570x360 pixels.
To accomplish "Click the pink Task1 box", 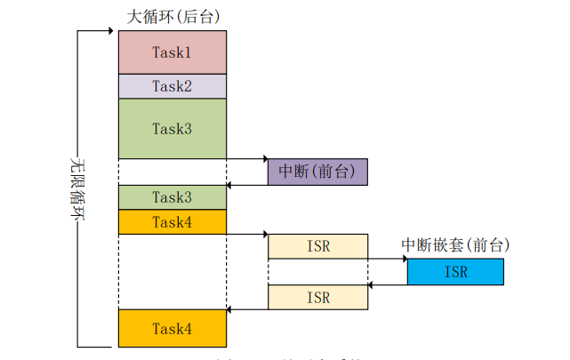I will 172,52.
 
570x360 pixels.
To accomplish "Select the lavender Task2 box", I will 172,86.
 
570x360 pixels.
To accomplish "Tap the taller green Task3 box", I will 172,128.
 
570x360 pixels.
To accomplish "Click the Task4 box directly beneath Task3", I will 172,222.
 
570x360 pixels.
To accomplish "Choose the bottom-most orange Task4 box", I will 172,328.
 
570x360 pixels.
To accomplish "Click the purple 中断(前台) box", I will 317,172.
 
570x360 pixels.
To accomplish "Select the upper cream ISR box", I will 317,246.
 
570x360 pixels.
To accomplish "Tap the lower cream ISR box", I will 317,297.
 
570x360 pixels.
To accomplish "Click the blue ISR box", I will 454,272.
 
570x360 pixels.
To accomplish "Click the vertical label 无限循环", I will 77,188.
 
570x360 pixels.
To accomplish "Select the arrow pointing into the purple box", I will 247,159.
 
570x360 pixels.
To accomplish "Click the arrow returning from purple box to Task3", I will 247,185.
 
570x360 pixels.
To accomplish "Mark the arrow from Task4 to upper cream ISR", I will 247,235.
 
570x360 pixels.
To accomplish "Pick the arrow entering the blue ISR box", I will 388,260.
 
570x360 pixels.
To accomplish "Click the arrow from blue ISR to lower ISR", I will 388,285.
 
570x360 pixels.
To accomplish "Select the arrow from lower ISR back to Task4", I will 247,309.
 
